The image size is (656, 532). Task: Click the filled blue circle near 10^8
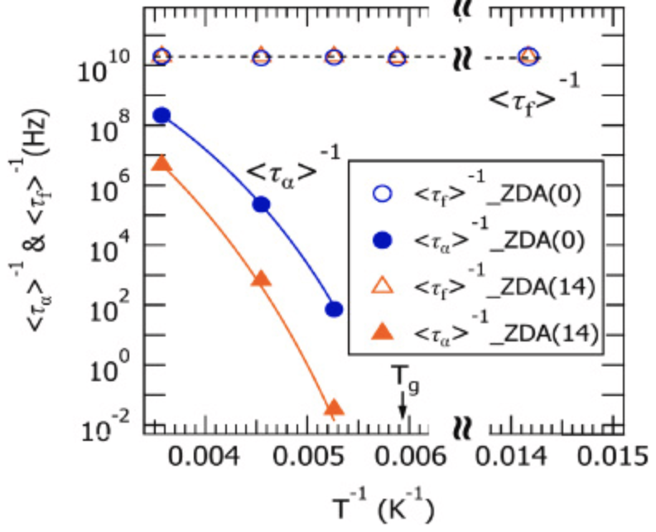162,115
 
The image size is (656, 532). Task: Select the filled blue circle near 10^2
334,309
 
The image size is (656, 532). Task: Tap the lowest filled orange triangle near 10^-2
334,408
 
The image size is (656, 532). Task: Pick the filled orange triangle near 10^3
261,278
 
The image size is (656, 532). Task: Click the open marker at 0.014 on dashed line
528,57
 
